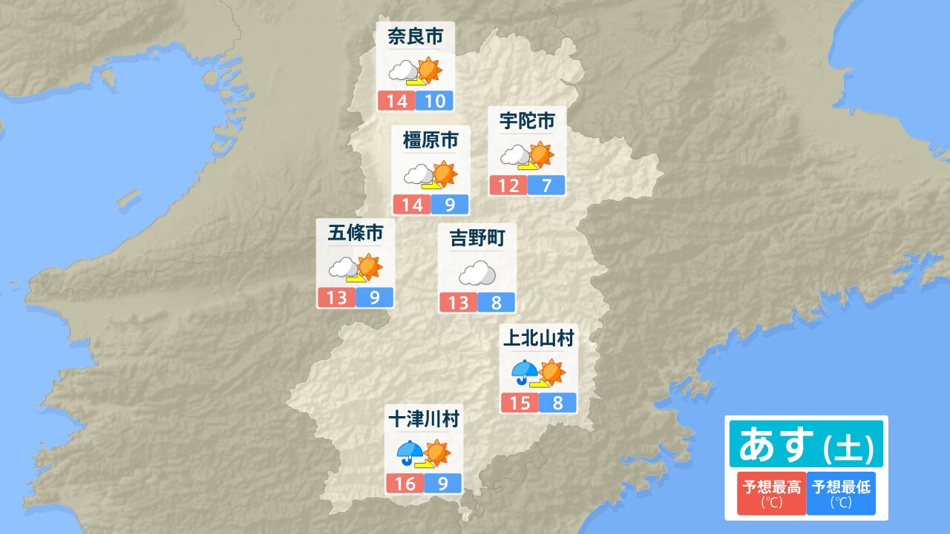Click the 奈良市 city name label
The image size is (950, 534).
click(415, 37)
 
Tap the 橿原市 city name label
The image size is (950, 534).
click(430, 140)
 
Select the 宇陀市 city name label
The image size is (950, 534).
click(527, 119)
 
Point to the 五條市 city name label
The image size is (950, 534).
click(356, 234)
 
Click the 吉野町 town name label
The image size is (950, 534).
click(477, 238)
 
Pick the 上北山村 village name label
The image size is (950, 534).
click(539, 339)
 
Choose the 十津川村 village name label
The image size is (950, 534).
click(424, 419)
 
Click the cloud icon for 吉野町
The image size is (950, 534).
click(476, 274)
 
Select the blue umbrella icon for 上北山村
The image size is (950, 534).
click(525, 370)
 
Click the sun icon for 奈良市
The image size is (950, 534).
click(428, 70)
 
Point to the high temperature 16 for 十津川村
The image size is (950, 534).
click(405, 484)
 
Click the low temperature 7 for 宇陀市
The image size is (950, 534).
click(547, 185)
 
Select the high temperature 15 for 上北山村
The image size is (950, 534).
click(520, 403)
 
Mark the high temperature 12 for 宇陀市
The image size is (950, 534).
click(508, 185)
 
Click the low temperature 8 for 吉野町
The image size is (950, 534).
click(496, 303)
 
